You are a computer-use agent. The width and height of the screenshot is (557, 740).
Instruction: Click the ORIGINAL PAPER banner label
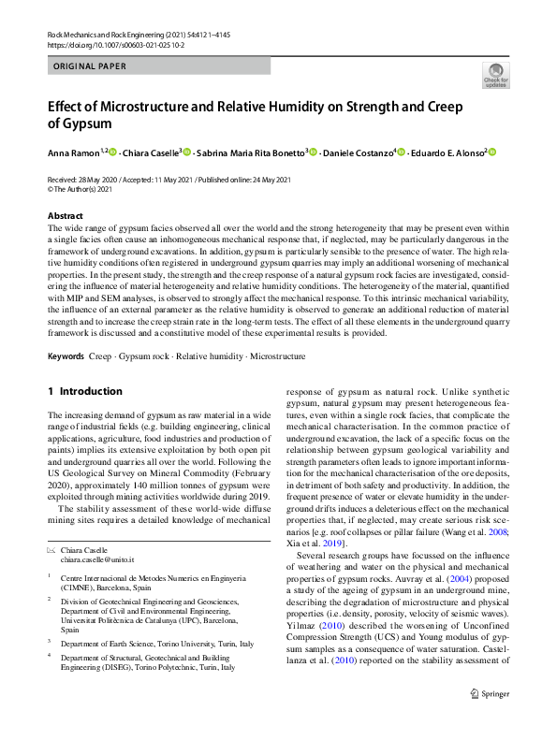point(90,66)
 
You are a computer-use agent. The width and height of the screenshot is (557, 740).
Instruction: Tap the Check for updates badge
point(494,75)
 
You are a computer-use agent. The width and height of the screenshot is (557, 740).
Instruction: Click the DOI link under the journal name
point(110,43)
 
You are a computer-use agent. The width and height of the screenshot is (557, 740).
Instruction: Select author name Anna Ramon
point(73,152)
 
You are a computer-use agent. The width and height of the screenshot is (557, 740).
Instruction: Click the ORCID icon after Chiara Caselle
point(186,152)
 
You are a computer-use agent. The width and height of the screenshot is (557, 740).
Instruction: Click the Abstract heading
point(66,216)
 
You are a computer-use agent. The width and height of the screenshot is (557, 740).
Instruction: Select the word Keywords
point(66,356)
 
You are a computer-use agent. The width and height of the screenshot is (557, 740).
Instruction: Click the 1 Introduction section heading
point(84,391)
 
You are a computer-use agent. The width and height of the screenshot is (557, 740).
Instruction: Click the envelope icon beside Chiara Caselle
point(51,551)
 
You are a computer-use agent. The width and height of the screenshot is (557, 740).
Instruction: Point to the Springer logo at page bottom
point(491,718)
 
